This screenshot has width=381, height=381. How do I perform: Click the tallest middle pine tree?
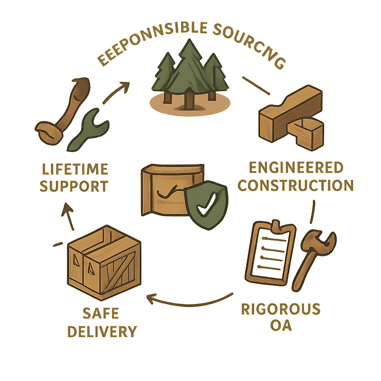click(190, 74)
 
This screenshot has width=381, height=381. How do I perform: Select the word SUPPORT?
click(74, 186)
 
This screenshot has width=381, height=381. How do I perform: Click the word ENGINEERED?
click(296, 168)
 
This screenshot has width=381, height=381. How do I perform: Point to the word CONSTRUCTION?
click(296, 185)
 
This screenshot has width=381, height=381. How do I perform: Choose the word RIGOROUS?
click(281, 309)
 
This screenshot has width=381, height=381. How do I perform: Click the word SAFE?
click(101, 314)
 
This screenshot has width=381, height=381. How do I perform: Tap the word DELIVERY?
click(102, 331)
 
